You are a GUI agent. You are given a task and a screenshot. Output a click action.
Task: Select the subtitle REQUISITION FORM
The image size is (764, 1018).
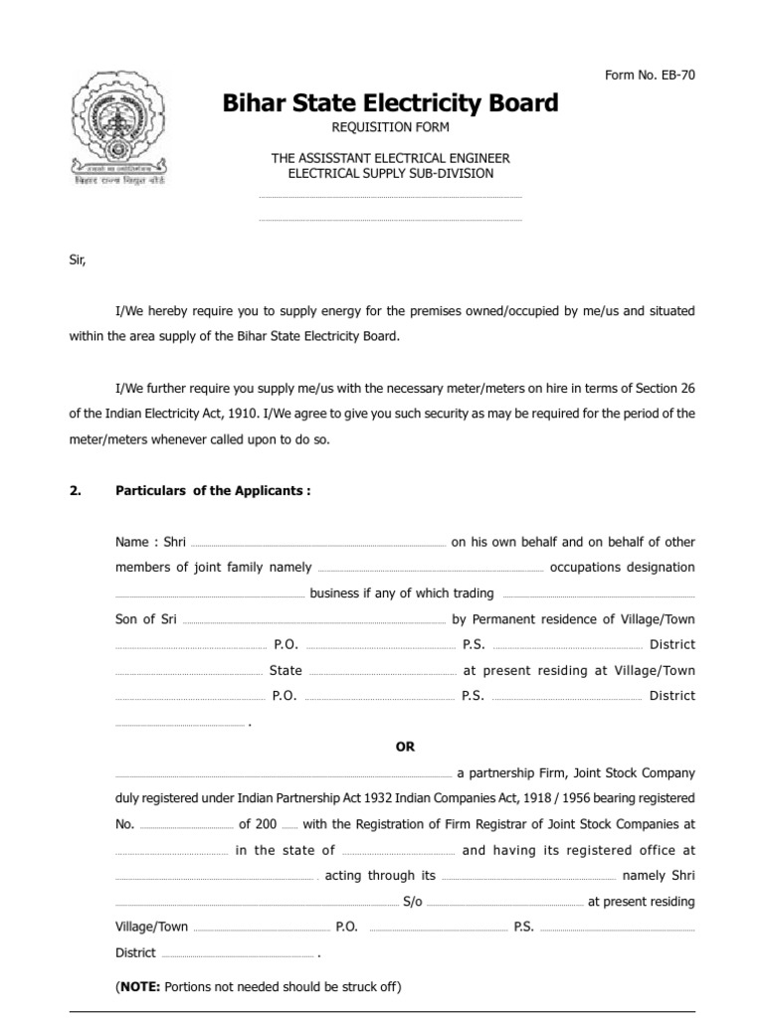coord(390,127)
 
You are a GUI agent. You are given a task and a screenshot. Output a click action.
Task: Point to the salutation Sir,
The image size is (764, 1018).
coord(78,260)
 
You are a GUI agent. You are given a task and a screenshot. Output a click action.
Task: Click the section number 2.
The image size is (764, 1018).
coord(74,491)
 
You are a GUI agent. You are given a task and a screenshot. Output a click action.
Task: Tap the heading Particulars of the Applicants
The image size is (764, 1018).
coord(214,491)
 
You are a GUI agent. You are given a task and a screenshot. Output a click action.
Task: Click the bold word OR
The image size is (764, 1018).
coord(405,748)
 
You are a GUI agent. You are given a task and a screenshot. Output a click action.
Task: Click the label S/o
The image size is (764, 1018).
coord(412,902)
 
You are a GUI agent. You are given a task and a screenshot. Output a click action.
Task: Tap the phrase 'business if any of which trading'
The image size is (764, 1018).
coord(402,594)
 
